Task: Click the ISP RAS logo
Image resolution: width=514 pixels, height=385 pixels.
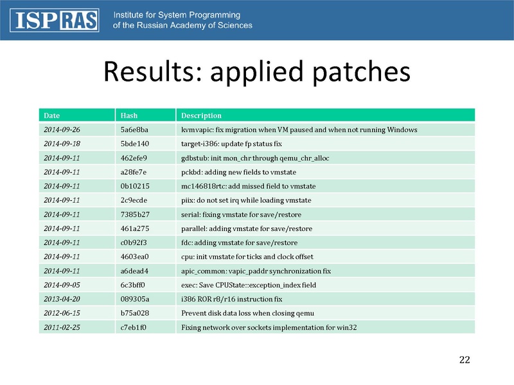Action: [x=55, y=21]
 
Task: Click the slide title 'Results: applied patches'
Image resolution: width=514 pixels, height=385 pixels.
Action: [x=257, y=72]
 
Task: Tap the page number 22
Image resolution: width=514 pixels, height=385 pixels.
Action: [x=465, y=360]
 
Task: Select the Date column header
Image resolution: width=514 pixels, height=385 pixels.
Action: [x=52, y=116]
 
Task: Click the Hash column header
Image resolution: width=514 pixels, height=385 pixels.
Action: [x=129, y=116]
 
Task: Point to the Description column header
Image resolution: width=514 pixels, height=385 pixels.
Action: [x=201, y=116]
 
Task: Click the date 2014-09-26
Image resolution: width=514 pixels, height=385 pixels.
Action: [x=62, y=130]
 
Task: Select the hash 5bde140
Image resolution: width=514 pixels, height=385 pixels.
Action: [x=135, y=144]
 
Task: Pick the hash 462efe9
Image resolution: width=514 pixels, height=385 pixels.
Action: [x=134, y=158]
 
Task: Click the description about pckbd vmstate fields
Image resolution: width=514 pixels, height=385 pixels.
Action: [x=238, y=172]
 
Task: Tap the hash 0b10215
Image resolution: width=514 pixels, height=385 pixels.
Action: [x=135, y=186]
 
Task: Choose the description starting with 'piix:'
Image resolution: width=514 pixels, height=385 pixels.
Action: [x=246, y=200]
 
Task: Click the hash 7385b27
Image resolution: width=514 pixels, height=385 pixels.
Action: [x=135, y=214]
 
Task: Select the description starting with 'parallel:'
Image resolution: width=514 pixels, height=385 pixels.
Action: [x=247, y=228]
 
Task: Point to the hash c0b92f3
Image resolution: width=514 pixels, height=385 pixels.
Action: [x=134, y=243]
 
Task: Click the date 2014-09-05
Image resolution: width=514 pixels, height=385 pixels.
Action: [x=62, y=285]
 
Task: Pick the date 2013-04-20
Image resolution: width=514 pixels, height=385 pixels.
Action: [x=62, y=299]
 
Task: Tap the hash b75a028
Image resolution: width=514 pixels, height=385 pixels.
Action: [x=135, y=313]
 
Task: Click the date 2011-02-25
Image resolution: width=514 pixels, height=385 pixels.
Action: [x=62, y=327]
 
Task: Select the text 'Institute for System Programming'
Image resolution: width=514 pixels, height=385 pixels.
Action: [x=177, y=15]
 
